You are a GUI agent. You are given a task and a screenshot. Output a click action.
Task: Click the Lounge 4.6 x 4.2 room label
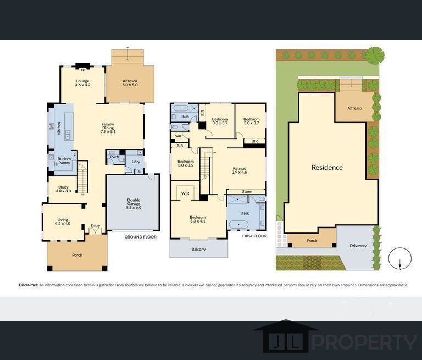(82, 84)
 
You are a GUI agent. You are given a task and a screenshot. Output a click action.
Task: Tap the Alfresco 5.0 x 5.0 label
(130, 84)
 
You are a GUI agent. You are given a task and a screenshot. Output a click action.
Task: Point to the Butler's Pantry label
(64, 161)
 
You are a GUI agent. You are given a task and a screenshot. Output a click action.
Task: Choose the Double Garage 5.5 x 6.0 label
(134, 204)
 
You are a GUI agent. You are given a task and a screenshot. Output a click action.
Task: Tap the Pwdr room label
(114, 157)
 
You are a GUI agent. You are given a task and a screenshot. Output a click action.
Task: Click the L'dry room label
(136, 162)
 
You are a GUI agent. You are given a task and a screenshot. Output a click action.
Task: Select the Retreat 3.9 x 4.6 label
(240, 170)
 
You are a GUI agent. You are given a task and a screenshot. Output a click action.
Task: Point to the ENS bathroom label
(245, 214)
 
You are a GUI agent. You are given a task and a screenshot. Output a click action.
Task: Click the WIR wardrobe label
(185, 193)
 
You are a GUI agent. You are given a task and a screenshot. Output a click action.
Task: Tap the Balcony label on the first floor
(198, 250)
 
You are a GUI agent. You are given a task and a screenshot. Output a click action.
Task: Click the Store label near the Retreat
(246, 192)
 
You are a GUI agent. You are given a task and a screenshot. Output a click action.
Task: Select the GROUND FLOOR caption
(140, 237)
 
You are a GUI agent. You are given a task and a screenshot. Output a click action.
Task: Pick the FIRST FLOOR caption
(254, 236)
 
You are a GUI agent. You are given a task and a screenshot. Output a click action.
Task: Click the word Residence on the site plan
(327, 168)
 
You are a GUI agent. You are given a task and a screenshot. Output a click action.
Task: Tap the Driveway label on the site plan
(358, 246)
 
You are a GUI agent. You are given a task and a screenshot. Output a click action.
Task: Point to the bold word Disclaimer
(28, 285)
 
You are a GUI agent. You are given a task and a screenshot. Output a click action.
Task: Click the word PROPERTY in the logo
(364, 342)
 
